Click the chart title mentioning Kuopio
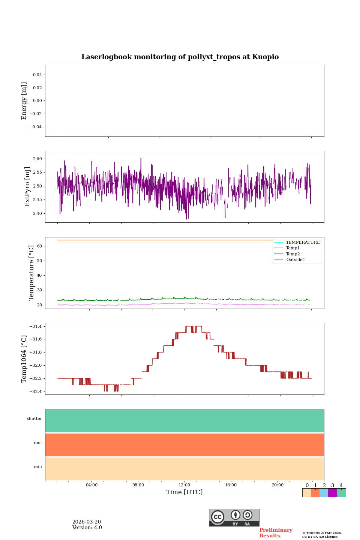click(x=180, y=57)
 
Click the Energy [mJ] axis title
click(x=24, y=101)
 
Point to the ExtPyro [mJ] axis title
click(x=27, y=187)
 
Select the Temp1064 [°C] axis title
click(x=24, y=359)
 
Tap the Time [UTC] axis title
click(x=184, y=492)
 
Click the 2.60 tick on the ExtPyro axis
click(x=37, y=159)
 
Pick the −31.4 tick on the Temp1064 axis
click(x=36, y=326)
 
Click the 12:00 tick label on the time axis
click(x=184, y=485)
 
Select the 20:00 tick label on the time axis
click(x=277, y=485)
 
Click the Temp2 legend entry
click(x=293, y=254)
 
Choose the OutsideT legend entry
click(x=295, y=259)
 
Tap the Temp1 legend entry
click(x=293, y=248)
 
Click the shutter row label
click(x=34, y=418)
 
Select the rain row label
click(x=38, y=466)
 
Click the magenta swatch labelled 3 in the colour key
click(x=332, y=493)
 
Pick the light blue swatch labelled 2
click(x=324, y=493)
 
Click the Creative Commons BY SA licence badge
click(x=234, y=517)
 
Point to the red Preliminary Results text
click(x=276, y=533)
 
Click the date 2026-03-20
click(x=87, y=522)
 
